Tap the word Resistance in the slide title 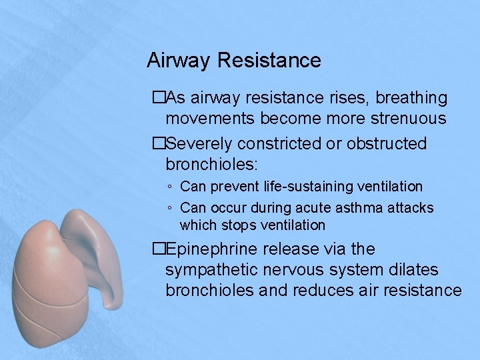tap(269, 61)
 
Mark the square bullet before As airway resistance tap(157, 98)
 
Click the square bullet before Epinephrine tap(157, 249)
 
